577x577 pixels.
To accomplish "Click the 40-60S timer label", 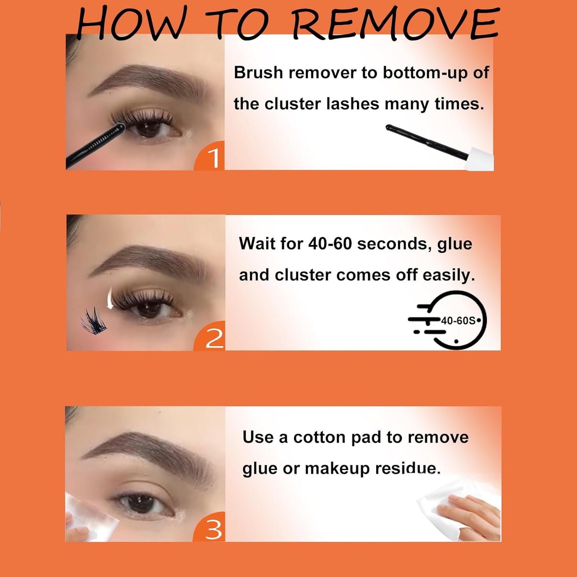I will [x=458, y=321].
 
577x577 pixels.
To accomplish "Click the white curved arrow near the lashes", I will [x=109, y=299].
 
